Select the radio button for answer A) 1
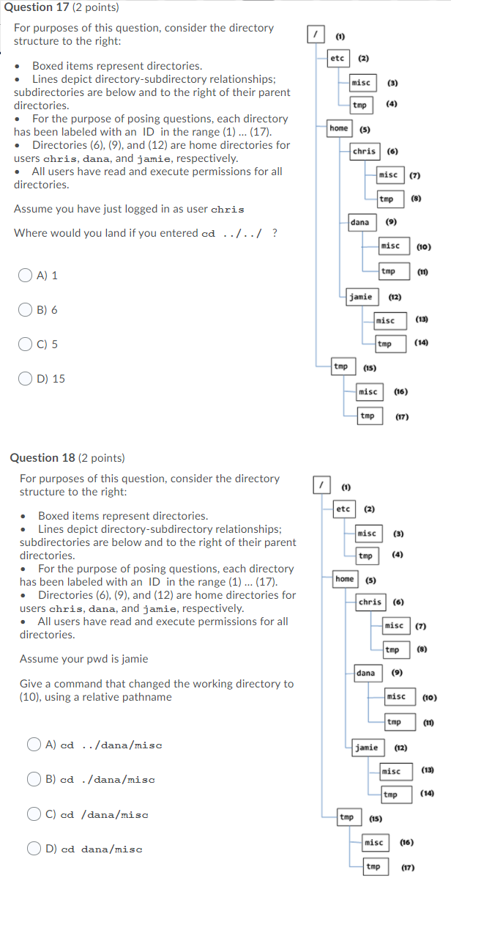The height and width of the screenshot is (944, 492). tap(26, 276)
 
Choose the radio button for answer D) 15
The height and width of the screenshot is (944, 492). tap(26, 379)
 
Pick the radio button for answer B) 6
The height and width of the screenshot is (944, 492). tap(26, 310)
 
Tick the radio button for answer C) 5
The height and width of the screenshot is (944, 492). tap(26, 344)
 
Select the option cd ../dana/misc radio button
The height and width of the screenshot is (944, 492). tap(34, 745)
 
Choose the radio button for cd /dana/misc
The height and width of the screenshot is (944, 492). tap(34, 814)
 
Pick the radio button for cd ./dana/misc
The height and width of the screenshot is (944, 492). tap(34, 780)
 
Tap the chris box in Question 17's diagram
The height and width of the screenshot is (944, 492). tap(364, 152)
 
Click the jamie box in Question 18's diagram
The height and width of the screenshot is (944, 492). tap(367, 748)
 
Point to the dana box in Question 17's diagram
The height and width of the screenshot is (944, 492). tap(360, 222)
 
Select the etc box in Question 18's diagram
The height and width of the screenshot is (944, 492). tap(343, 509)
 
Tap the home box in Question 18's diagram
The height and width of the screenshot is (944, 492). tap(345, 579)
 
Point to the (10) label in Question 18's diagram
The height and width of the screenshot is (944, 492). tap(430, 698)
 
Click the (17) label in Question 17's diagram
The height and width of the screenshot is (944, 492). tap(401, 417)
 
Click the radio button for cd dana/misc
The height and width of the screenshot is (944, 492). tap(34, 849)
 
